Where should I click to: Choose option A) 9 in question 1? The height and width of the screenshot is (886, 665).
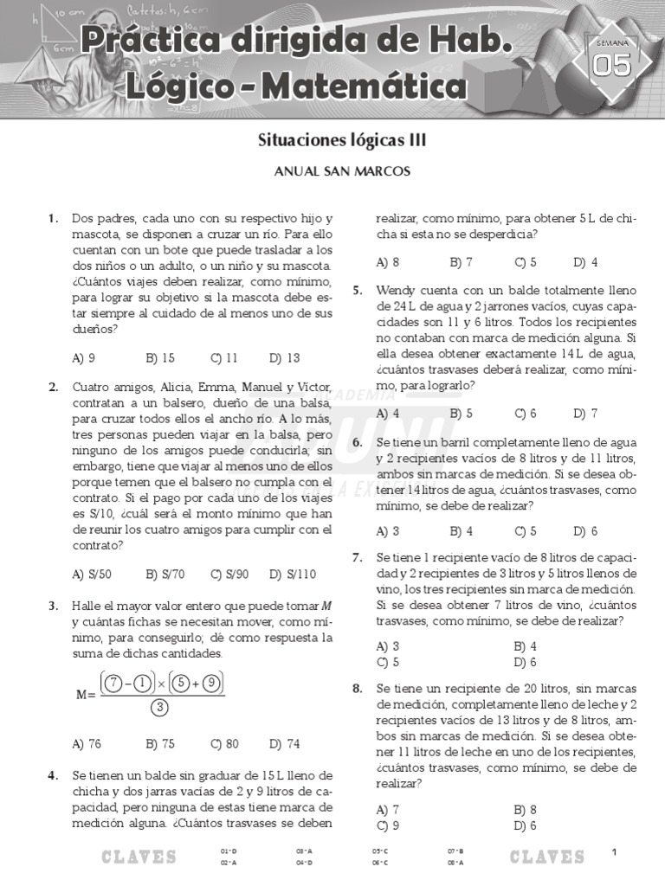click(x=84, y=357)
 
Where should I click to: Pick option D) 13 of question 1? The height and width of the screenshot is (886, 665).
click(x=284, y=357)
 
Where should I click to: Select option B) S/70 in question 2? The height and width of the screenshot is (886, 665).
click(x=165, y=573)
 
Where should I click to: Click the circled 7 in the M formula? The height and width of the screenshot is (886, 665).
click(x=114, y=684)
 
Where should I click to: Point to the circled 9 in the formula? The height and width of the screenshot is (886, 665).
click(x=212, y=684)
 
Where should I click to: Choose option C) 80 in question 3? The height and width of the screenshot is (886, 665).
click(x=224, y=743)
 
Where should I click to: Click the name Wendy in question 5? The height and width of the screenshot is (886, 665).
click(x=397, y=290)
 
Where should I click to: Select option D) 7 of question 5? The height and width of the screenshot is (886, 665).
click(x=585, y=414)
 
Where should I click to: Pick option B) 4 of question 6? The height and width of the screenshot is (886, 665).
click(x=461, y=531)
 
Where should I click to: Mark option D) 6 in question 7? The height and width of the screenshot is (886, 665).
click(x=525, y=663)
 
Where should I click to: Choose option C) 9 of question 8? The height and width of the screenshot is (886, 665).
click(x=388, y=825)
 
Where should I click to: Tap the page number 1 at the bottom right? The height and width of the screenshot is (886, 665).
click(x=614, y=854)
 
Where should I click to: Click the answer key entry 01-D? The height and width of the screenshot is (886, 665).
click(x=229, y=851)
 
